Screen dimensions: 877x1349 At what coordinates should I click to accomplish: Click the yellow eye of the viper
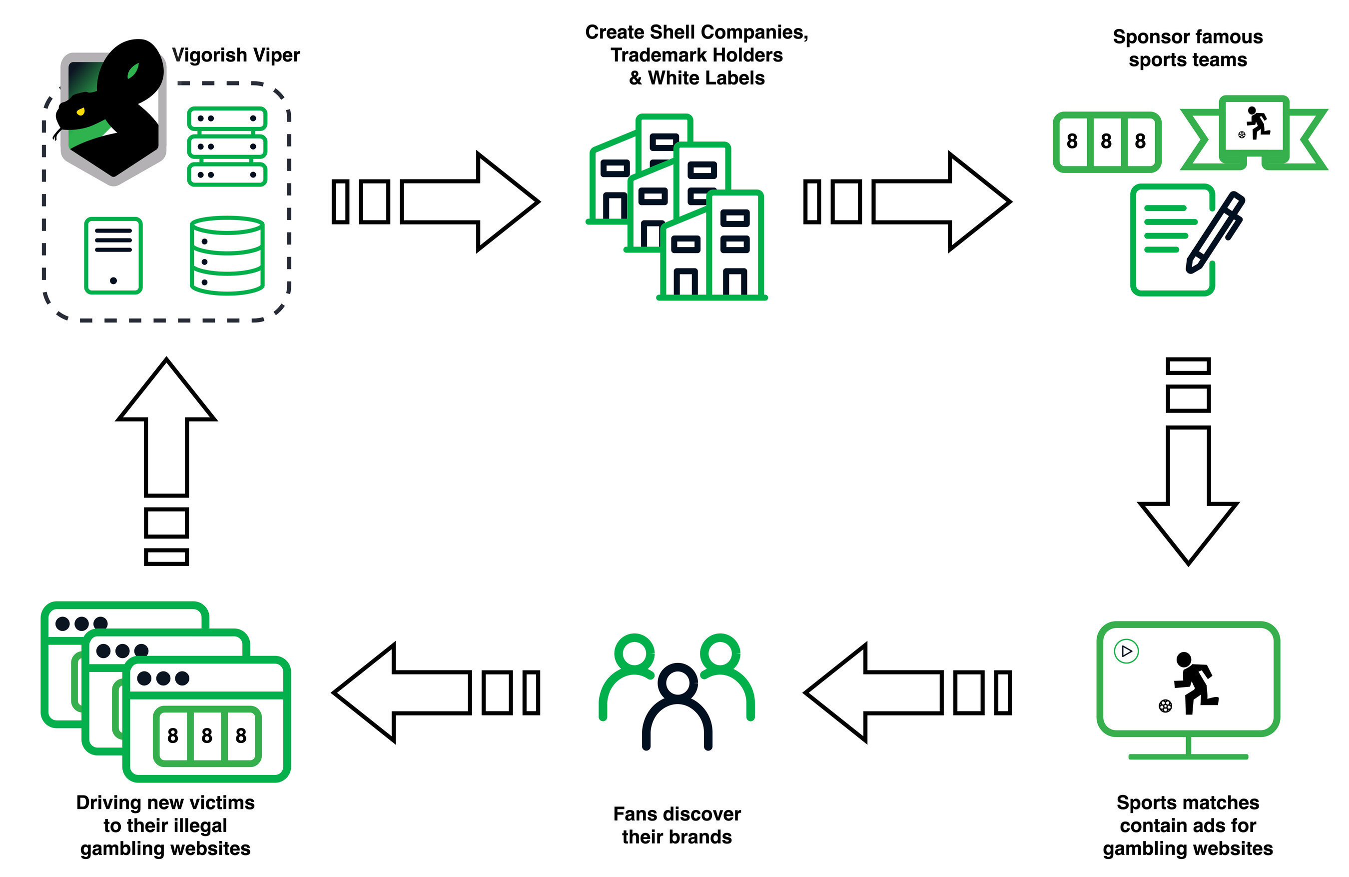(x=80, y=112)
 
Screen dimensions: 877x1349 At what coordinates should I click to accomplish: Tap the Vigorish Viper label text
(x=236, y=55)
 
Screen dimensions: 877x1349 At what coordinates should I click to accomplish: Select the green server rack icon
(x=227, y=146)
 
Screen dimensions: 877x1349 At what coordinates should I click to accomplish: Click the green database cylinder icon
(x=227, y=255)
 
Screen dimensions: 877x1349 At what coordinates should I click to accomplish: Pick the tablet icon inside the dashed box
(x=113, y=255)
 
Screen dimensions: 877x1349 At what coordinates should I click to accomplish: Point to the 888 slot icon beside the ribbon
(x=1106, y=142)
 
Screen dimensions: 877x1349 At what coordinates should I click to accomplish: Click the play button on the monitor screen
(x=1126, y=650)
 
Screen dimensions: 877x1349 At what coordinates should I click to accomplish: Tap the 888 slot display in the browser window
(x=207, y=735)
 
